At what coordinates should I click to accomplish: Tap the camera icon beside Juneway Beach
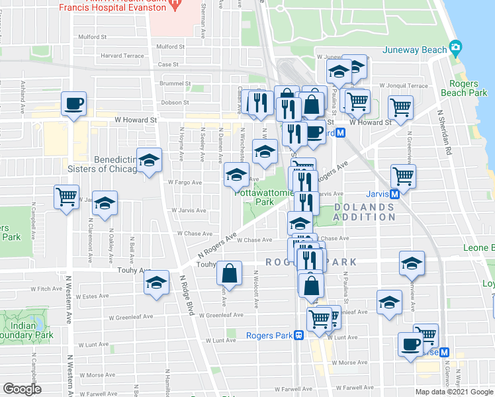(x=455, y=48)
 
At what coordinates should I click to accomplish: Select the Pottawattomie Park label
(x=255, y=197)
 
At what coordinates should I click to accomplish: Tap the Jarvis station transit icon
(x=394, y=194)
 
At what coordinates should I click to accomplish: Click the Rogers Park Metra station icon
(x=299, y=335)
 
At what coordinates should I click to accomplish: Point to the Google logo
(x=22, y=389)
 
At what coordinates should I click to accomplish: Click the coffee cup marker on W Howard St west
(x=73, y=104)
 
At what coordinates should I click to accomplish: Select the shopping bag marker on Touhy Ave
(x=229, y=273)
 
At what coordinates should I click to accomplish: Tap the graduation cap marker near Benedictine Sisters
(x=150, y=161)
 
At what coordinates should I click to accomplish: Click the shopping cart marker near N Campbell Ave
(x=66, y=197)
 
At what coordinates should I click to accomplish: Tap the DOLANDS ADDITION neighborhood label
(x=363, y=212)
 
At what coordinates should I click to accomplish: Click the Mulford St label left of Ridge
(x=92, y=38)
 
